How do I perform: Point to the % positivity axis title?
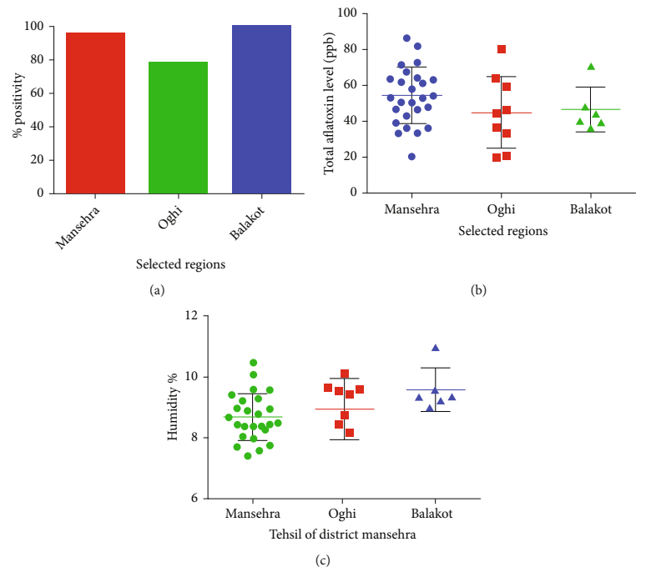[16, 109]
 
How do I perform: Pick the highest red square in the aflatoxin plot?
[502, 49]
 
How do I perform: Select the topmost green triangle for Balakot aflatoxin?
[591, 67]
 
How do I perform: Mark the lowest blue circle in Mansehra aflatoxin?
[411, 156]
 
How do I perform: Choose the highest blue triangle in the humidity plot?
[436, 348]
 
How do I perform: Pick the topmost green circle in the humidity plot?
[254, 363]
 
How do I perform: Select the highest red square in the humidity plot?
[345, 374]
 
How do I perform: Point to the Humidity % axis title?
[172, 407]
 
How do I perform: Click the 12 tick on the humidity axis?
[192, 316]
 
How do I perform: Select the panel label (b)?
[478, 290]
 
